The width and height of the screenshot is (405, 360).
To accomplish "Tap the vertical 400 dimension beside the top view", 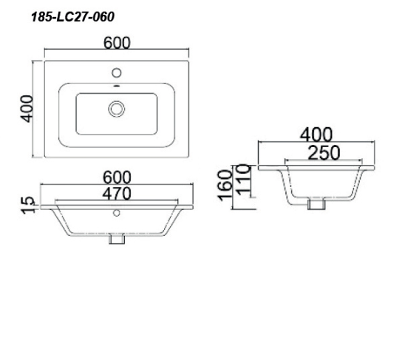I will (27, 109).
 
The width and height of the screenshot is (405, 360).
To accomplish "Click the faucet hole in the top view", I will (117, 74).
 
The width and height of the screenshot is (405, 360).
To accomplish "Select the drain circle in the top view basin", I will (116, 108).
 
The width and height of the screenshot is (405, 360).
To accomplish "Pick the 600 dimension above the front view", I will (118, 177).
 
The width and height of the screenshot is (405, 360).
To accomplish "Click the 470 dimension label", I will (118, 193).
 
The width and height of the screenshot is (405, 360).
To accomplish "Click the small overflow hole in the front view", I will (116, 214).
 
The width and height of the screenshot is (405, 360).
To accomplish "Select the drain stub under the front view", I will (116, 239).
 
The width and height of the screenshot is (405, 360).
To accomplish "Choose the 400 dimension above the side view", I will (316, 135).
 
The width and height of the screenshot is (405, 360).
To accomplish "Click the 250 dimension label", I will (316, 152).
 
